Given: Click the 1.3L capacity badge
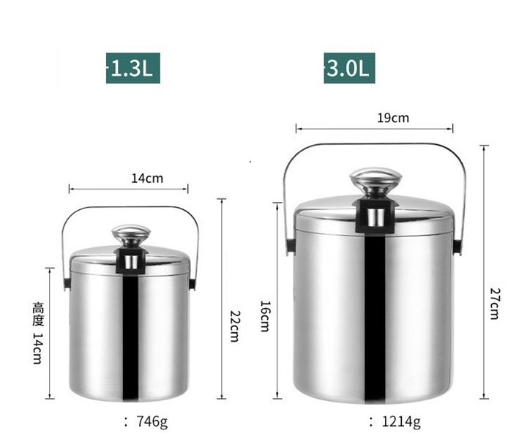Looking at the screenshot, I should tap(132, 68).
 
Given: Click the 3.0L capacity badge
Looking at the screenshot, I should tap(349, 68).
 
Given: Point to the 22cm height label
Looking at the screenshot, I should tap(234, 325).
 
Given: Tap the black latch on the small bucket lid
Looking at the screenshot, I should tap(131, 260).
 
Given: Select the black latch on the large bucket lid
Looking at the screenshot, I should tap(375, 215).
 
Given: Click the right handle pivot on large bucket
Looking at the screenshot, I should tap(457, 246).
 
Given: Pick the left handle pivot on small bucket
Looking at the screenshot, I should tap(66, 282).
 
